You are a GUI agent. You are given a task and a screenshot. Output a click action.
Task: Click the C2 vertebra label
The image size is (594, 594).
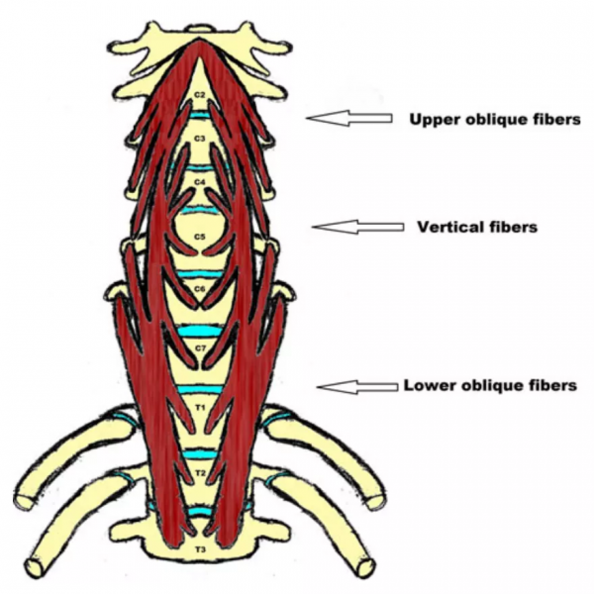tap(199, 95)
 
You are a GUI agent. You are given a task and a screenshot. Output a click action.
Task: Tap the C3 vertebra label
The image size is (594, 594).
tap(199, 139)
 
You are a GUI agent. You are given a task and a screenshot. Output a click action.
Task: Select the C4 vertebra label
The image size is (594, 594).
tap(199, 183)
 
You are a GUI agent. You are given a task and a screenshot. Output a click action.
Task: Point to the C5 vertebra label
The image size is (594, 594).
tap(199, 238)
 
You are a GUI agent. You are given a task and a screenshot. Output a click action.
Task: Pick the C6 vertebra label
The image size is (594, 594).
tap(199, 289)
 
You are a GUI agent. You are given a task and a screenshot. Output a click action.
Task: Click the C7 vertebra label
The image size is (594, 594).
tap(199, 348)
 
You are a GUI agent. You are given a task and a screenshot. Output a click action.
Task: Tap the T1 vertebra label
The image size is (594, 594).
tap(199, 407)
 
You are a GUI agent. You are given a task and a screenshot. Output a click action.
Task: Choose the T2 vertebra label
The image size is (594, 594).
tap(199, 473)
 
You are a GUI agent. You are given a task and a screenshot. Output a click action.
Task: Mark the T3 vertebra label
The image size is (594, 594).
tap(199, 547)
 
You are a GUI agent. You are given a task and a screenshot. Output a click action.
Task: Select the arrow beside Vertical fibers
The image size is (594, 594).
tap(357, 228)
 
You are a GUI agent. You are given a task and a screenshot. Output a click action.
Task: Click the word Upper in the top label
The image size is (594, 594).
tap(429, 120)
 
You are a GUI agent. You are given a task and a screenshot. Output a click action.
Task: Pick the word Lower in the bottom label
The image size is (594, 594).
tap(425, 385)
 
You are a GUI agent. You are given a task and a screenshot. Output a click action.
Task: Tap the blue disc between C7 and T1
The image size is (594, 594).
tap(199, 389)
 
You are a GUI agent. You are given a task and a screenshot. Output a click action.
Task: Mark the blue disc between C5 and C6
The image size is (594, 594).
tap(199, 272)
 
